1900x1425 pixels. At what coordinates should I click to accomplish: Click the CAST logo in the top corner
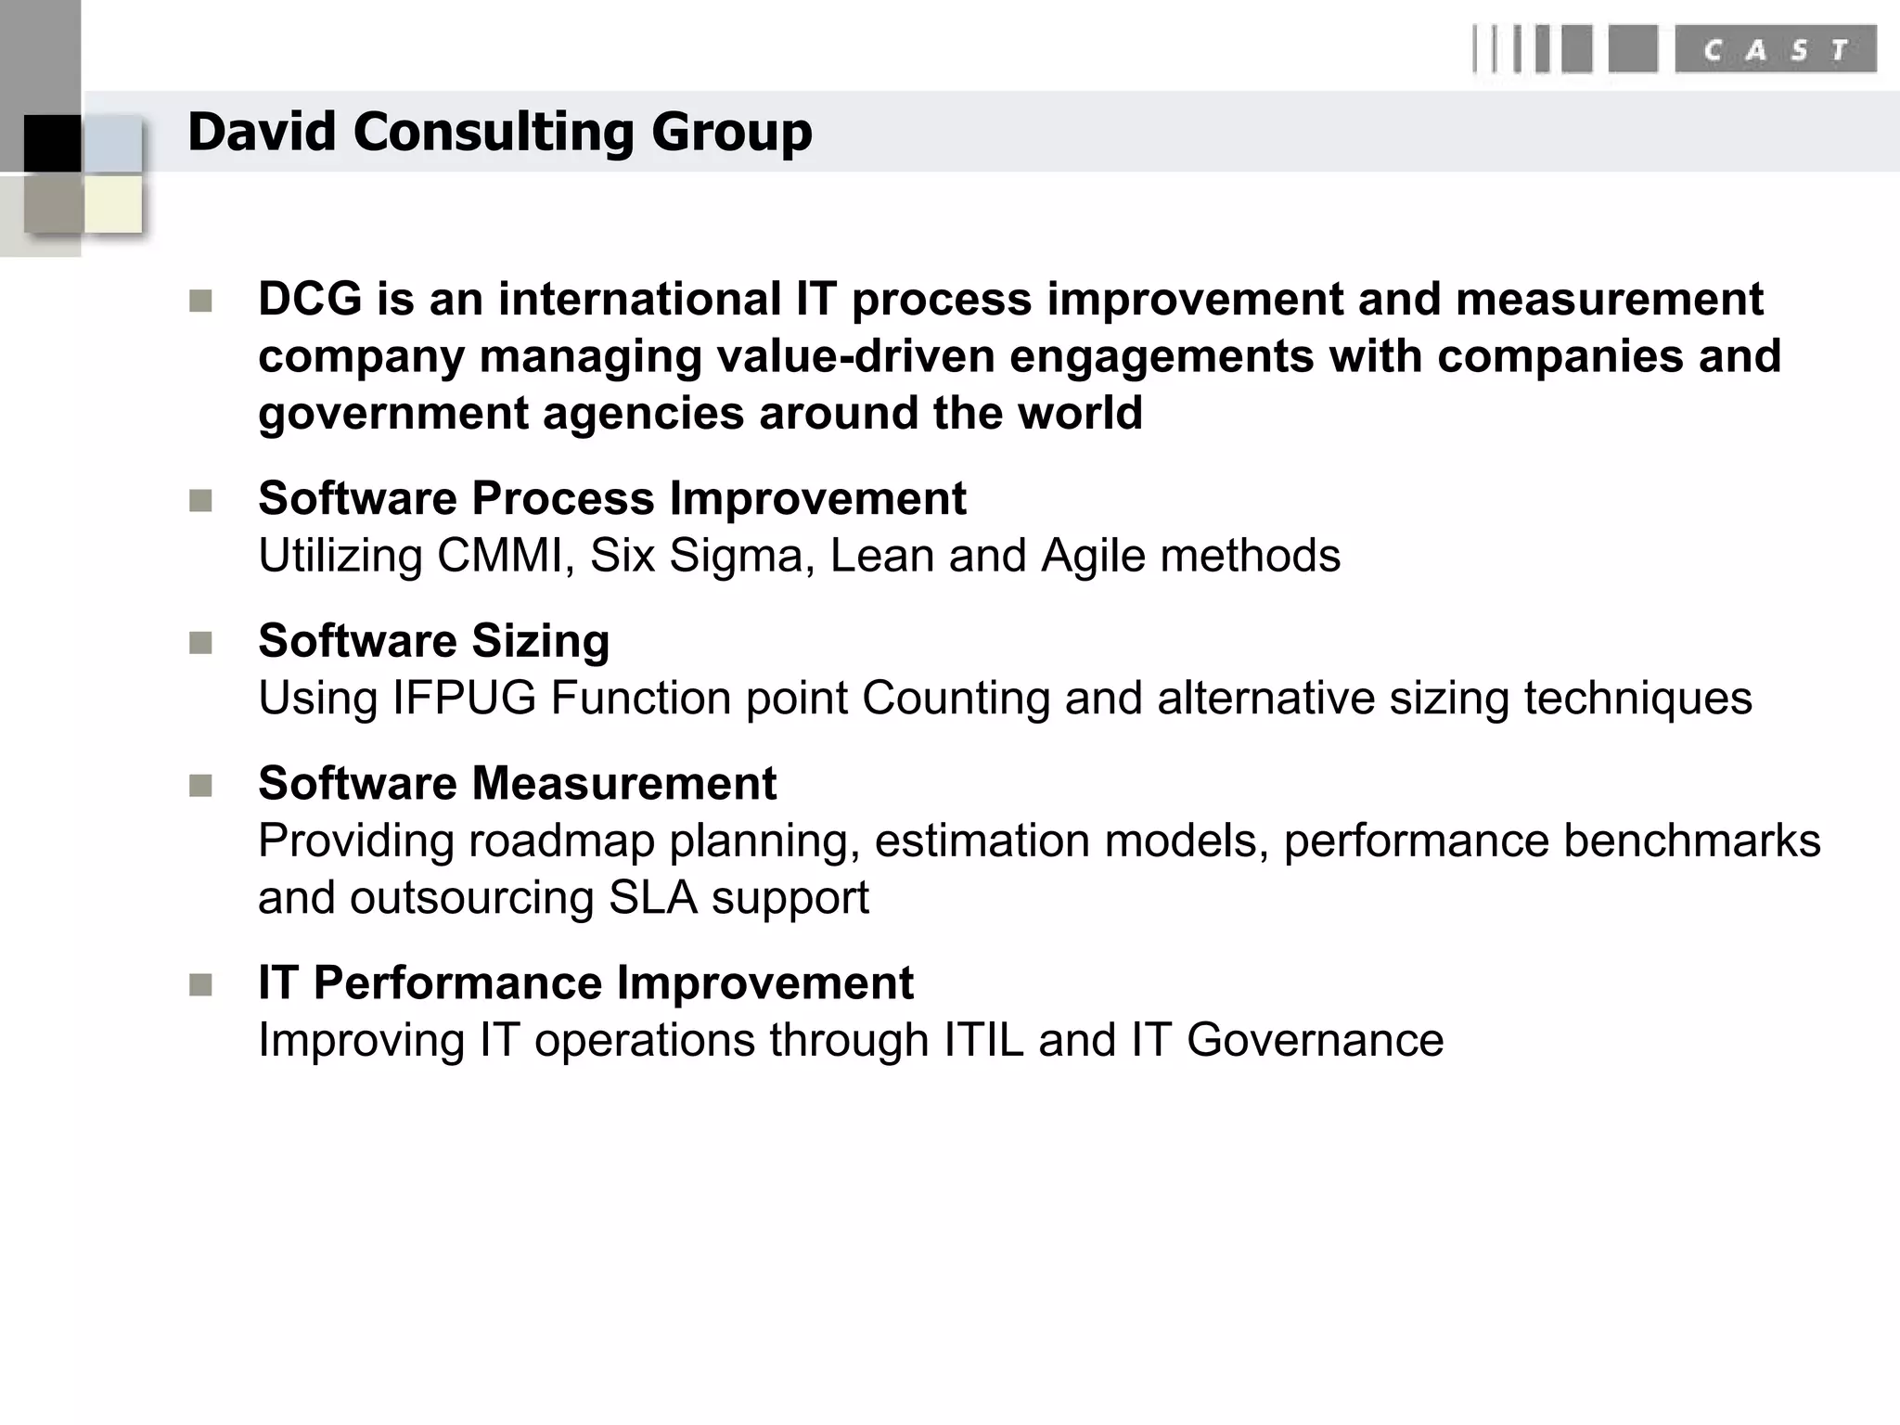1675,49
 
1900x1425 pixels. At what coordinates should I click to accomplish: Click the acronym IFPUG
464,699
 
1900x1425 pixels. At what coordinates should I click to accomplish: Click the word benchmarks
1691,841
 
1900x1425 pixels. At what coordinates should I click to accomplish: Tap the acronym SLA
653,898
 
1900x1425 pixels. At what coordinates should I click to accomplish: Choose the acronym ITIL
983,1040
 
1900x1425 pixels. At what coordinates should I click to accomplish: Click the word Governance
1315,1040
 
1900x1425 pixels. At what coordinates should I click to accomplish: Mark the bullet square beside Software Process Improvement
200,501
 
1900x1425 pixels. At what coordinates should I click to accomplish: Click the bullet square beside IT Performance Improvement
200,985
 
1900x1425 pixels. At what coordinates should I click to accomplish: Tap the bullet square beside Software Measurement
200,787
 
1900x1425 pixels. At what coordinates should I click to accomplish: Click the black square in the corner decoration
52,143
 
